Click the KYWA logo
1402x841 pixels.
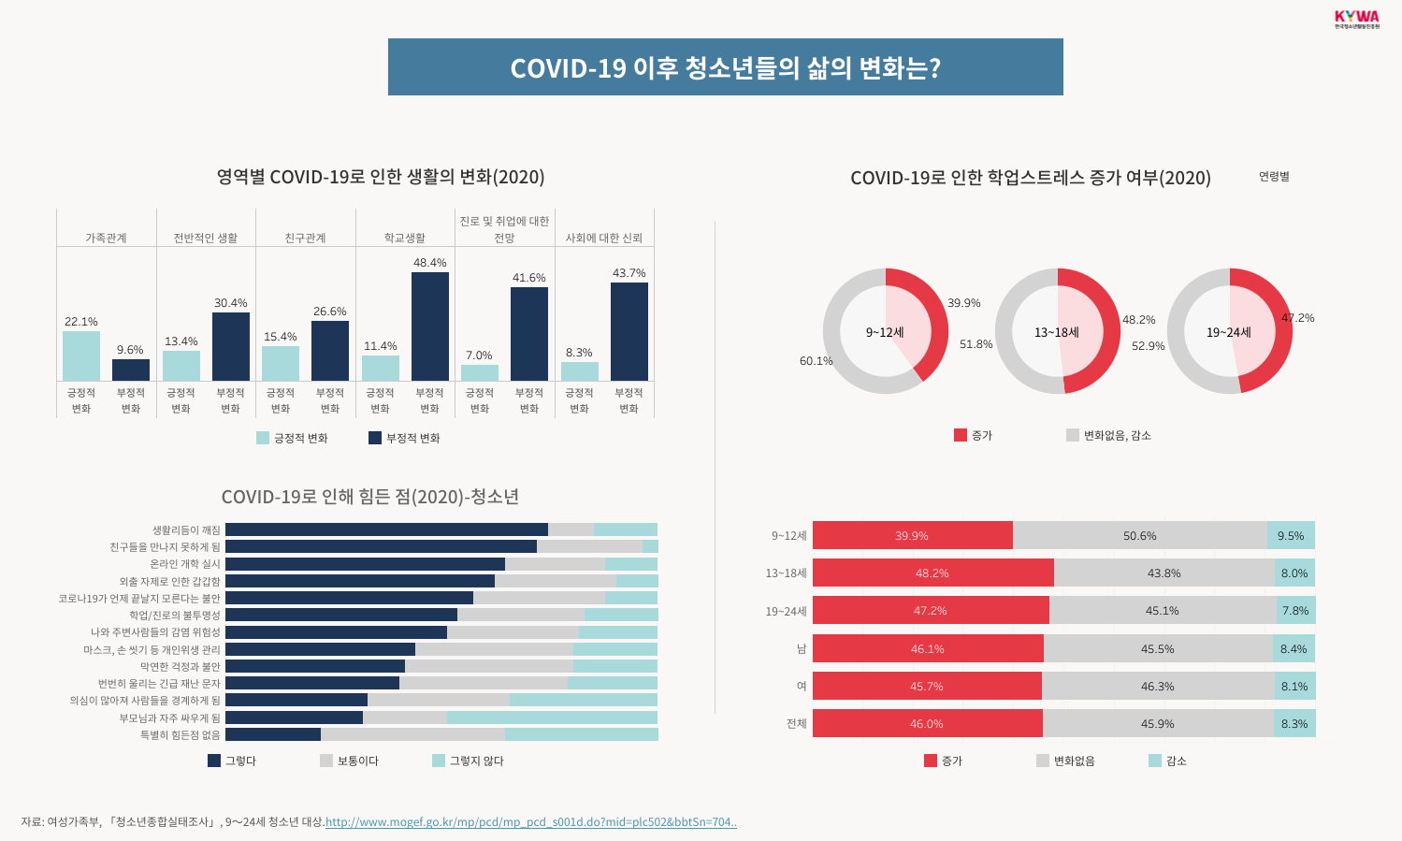1356,18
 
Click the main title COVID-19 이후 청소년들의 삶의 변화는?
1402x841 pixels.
725,67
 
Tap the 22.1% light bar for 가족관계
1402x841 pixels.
81,355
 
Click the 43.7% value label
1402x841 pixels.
629,273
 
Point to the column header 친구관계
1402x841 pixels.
305,238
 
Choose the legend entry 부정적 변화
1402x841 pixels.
404,438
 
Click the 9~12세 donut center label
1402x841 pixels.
885,332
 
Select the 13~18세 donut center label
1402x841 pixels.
1057,332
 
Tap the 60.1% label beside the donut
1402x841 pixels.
816,361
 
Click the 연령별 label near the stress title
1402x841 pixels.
1274,176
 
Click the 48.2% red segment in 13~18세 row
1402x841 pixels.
932,573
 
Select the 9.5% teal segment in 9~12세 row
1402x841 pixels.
1291,535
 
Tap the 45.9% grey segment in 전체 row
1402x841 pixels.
1158,723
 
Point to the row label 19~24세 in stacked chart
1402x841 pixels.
786,611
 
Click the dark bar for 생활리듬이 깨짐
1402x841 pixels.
386,529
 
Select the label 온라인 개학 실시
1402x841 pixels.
185,564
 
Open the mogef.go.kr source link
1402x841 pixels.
530,822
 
